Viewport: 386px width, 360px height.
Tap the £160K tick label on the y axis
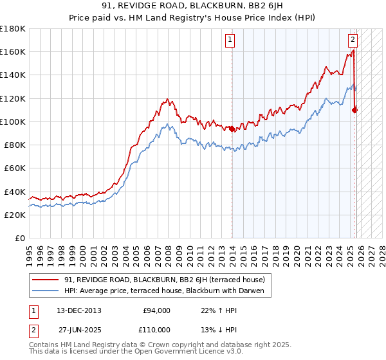[x=13, y=52]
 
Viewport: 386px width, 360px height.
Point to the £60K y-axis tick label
[x=14, y=168]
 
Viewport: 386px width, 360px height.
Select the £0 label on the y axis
[x=20, y=239]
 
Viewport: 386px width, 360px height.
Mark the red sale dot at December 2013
[x=232, y=129]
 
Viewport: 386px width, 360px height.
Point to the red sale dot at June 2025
[x=354, y=110]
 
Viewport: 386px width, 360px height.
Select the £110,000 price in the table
[x=156, y=330]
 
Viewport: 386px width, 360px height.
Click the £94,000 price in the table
[x=156, y=310]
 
